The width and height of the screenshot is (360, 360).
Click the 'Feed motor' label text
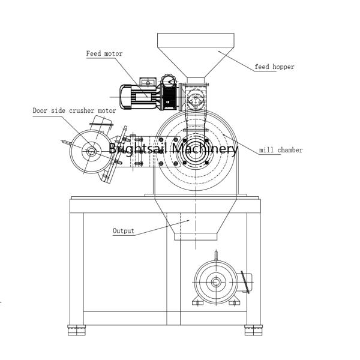[104, 54]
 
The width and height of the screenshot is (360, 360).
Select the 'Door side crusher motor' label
[74, 111]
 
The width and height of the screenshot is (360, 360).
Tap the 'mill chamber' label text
[281, 150]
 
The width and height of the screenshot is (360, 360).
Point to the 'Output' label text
[123, 230]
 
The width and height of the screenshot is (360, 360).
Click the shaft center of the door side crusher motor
[91, 152]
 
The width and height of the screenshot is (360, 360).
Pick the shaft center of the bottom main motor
[215, 281]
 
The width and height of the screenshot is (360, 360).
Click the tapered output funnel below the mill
[190, 219]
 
